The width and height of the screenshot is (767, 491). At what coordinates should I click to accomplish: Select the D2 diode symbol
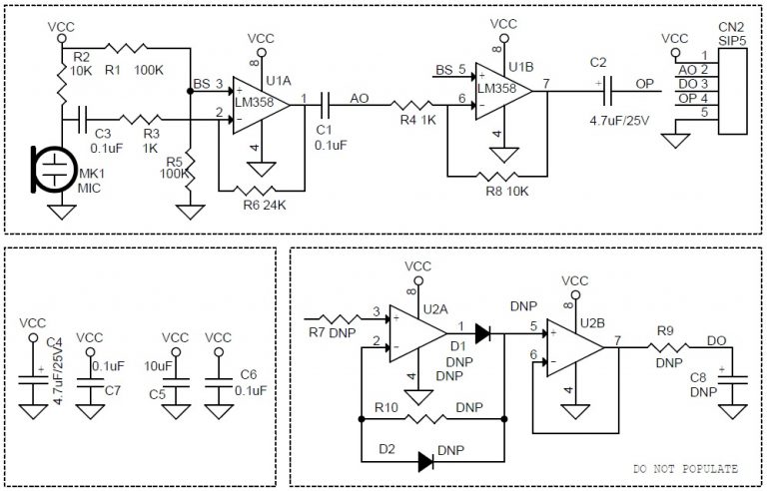424,460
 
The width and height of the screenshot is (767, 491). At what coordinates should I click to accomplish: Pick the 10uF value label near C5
158,365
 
